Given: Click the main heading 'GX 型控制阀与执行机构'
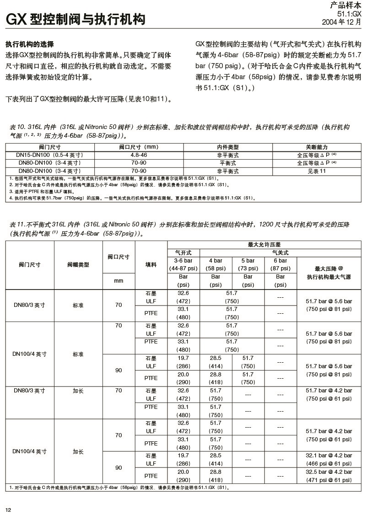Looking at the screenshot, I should coord(75,20).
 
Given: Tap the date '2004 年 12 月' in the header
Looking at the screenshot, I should coord(341,22).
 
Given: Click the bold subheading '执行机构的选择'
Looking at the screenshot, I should coord(30,45).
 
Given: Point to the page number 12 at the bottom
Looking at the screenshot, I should coord(8,510).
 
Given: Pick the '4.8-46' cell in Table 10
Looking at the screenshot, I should coord(138,155).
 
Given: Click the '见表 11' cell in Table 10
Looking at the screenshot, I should coord(317,171).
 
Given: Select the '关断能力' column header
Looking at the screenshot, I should coord(317,147).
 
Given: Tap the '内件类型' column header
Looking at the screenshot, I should coord(227,147).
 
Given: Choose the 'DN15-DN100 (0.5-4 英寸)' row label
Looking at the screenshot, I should coord(49,155).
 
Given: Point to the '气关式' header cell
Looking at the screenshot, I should coord(280,252).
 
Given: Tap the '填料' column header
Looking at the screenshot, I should coord(151,264).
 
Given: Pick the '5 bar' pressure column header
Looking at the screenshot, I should coord(248,260).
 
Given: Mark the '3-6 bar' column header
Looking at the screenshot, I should coord(183,260).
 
